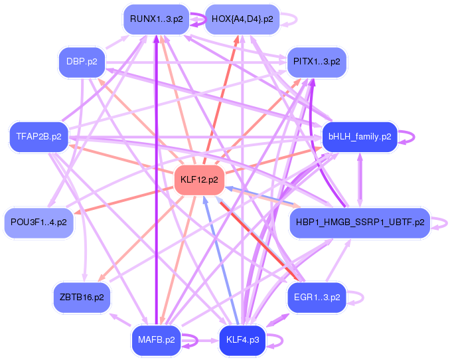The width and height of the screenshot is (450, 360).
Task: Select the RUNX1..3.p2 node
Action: [x=157, y=19]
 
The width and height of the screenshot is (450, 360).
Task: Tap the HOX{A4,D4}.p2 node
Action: [x=242, y=19]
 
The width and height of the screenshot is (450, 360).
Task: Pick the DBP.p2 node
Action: [x=82, y=62]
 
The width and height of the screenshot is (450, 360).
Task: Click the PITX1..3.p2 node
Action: [x=317, y=62]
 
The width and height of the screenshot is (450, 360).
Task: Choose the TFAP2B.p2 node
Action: [x=38, y=137]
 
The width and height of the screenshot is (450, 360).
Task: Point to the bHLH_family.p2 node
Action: [x=359, y=137]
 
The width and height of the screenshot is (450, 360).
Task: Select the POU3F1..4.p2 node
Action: [x=38, y=223]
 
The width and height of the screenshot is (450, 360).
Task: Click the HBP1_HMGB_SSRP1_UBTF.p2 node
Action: [x=359, y=223]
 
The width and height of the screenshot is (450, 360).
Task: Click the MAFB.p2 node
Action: [x=157, y=339]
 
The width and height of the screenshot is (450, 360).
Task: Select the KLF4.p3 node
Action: [x=242, y=339]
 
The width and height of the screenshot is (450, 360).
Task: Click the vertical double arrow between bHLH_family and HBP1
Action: [x=360, y=179]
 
